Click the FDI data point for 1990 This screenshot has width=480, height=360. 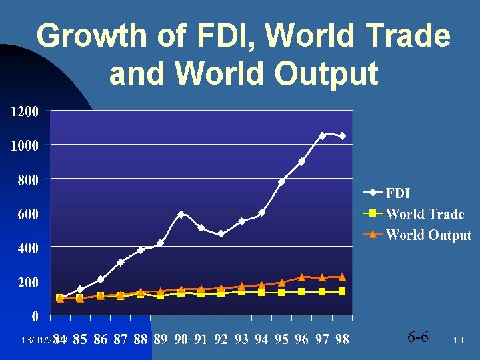pyautogui.click(x=181, y=214)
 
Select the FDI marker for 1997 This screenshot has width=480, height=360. pyautogui.click(x=322, y=135)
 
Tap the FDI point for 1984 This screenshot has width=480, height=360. pyautogui.click(x=60, y=297)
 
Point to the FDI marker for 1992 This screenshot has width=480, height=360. pyautogui.click(x=221, y=233)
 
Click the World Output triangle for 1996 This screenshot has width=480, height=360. pyautogui.click(x=301, y=277)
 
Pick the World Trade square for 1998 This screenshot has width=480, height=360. pyautogui.click(x=342, y=291)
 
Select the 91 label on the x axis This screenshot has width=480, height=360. pyautogui.click(x=201, y=339)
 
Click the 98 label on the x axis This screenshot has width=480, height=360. pyautogui.click(x=342, y=339)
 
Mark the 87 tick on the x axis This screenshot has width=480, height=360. pyautogui.click(x=120, y=339)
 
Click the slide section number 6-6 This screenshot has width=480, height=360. pyautogui.click(x=417, y=337)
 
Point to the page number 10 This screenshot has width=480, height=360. pyautogui.click(x=458, y=340)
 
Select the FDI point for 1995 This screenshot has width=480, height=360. pyautogui.click(x=281, y=181)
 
